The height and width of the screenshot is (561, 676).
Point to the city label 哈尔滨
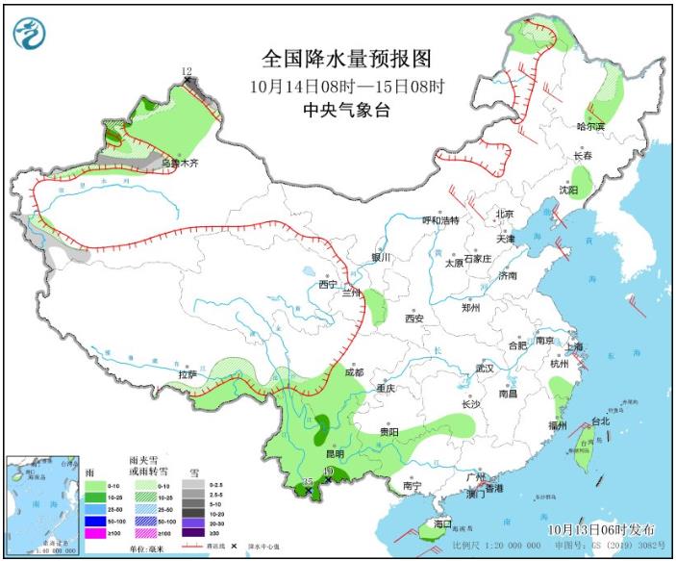tap(591, 126)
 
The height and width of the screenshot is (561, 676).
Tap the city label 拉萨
tap(188, 374)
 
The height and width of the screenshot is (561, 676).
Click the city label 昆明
tap(334, 453)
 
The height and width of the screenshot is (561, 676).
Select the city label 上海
tap(576, 346)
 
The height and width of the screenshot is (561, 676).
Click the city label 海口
tap(442, 523)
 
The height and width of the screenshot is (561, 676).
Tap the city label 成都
tap(352, 372)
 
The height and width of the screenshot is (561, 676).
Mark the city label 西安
tap(413, 319)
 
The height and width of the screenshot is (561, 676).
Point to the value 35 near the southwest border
tap(308, 480)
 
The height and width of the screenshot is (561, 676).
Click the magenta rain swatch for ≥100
tap(94, 532)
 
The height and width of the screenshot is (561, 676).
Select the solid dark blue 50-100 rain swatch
tap(94, 520)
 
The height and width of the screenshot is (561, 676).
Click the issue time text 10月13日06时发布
tap(602, 529)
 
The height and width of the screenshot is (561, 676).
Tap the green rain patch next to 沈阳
tap(582, 178)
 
